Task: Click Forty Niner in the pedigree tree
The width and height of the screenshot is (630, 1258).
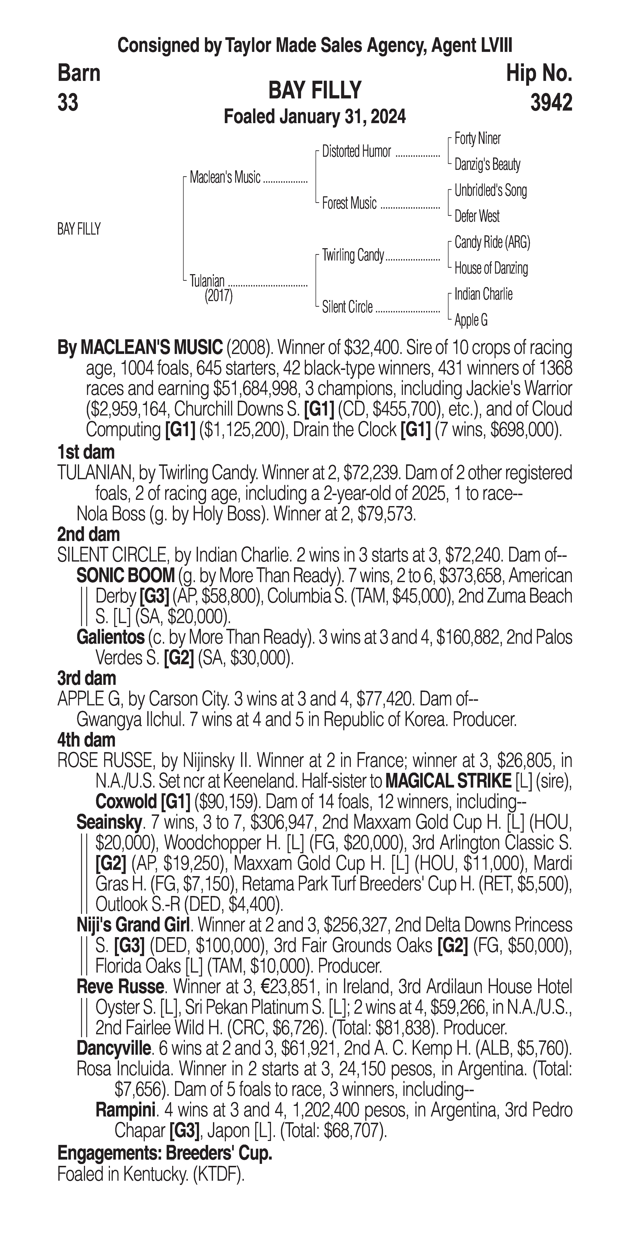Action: click(x=477, y=139)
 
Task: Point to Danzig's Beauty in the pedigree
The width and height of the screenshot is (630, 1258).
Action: click(x=487, y=165)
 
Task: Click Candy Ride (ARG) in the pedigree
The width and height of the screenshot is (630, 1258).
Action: click(x=492, y=242)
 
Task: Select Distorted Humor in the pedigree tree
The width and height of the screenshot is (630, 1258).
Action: click(x=357, y=152)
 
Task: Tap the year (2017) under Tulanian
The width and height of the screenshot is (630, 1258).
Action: click(x=218, y=296)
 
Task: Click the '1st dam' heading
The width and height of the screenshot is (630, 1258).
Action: click(x=86, y=452)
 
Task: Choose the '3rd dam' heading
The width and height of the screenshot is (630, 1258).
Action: click(x=86, y=678)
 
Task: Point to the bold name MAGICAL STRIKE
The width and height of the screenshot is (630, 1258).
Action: click(x=448, y=781)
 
